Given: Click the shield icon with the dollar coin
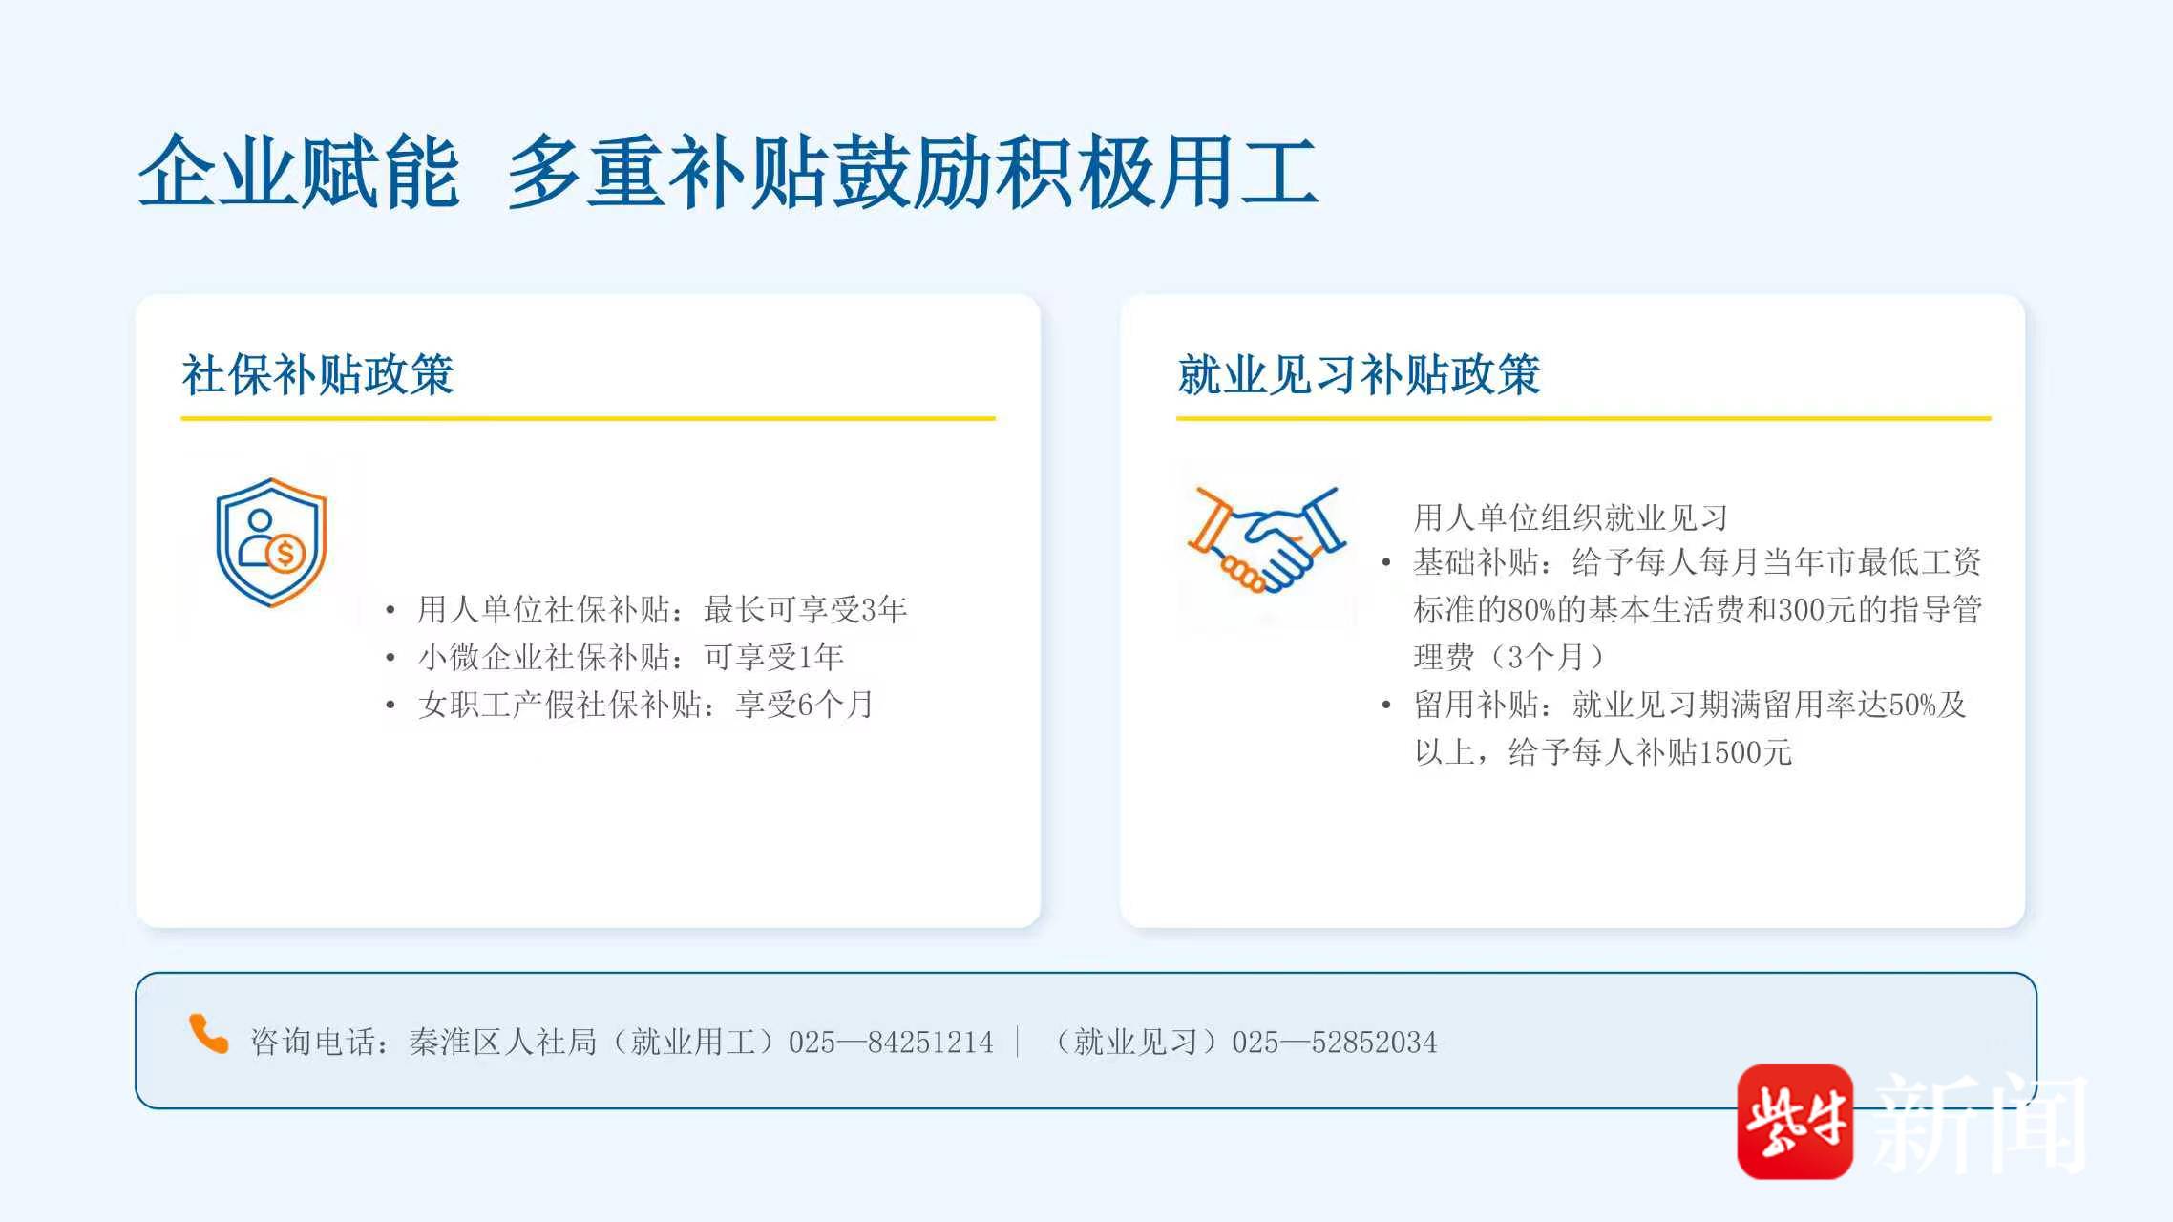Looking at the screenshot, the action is [x=271, y=542].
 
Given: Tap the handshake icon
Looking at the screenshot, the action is [x=1266, y=538].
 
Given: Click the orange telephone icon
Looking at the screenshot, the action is [x=208, y=1034].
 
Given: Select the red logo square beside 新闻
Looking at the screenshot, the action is [x=1795, y=1121].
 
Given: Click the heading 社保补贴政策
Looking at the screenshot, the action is [x=318, y=374].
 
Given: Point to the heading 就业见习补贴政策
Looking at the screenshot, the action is [x=1359, y=374].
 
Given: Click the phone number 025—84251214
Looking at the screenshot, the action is [x=891, y=1042].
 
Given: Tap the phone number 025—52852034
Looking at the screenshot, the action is [x=1334, y=1042].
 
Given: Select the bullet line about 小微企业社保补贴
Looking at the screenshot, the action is [x=630, y=657].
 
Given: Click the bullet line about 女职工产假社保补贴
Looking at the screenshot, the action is [x=645, y=705].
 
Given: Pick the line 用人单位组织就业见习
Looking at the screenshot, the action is [x=1571, y=517].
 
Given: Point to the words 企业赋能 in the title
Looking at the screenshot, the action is [x=300, y=172].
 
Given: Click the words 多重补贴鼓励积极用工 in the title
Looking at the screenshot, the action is [x=913, y=172].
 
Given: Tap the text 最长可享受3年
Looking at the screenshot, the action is [x=805, y=609].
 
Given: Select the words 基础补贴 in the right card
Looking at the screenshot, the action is [x=1476, y=562].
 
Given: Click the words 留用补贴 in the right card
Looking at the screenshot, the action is [x=1476, y=705].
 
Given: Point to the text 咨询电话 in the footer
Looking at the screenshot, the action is [x=313, y=1042].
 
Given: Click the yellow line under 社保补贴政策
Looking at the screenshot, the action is [x=588, y=418].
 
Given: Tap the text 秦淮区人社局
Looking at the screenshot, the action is [x=502, y=1042].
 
